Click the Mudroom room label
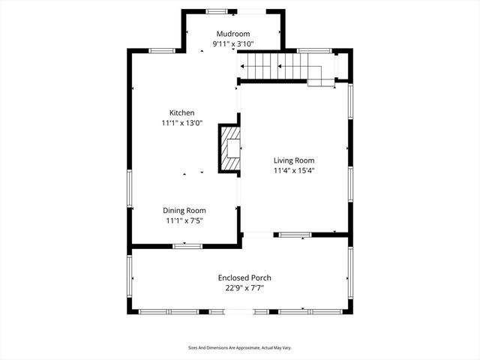click(233, 34)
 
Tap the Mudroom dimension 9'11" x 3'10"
click(233, 44)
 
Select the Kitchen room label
click(181, 112)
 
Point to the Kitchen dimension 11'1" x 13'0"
click(181, 123)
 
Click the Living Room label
click(293, 160)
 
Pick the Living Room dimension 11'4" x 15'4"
click(293, 170)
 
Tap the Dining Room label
click(184, 211)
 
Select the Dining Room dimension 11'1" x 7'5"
click(184, 221)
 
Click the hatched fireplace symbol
click(230, 148)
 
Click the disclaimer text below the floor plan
click(240, 348)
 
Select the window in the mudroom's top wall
click(218, 11)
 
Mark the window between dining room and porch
click(187, 246)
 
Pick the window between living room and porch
click(295, 235)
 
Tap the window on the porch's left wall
click(130, 277)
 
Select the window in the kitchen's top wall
click(161, 51)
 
